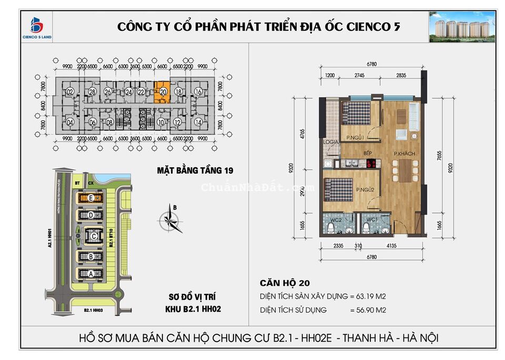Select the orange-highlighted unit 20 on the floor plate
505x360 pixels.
[x=163, y=92]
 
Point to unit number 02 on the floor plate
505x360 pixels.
[x=70, y=92]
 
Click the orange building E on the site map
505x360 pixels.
[x=92, y=198]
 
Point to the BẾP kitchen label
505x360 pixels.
[x=368, y=154]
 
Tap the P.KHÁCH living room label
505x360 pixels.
[x=405, y=154]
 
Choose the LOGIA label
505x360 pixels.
[x=331, y=142]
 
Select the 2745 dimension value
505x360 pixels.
[x=359, y=76]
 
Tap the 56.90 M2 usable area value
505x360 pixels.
[x=368, y=310]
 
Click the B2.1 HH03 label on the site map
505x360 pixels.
[x=93, y=311]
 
